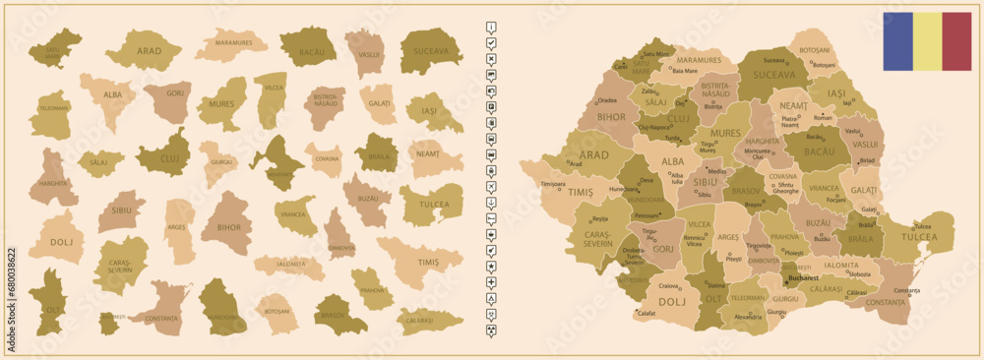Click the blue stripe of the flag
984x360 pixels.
(x=897, y=41)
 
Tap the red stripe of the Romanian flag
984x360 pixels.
(x=956, y=41)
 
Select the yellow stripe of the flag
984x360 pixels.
(x=927, y=41)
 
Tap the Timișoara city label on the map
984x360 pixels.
(x=552, y=184)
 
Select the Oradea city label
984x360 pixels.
(x=607, y=99)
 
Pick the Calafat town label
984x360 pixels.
(x=646, y=313)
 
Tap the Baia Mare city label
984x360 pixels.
(x=686, y=70)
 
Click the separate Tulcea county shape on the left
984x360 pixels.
(x=430, y=205)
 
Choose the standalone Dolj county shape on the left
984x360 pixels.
(x=56, y=239)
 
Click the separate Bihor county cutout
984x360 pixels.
(x=226, y=224)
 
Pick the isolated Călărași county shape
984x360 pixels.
(x=429, y=320)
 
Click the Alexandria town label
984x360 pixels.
(x=748, y=317)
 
